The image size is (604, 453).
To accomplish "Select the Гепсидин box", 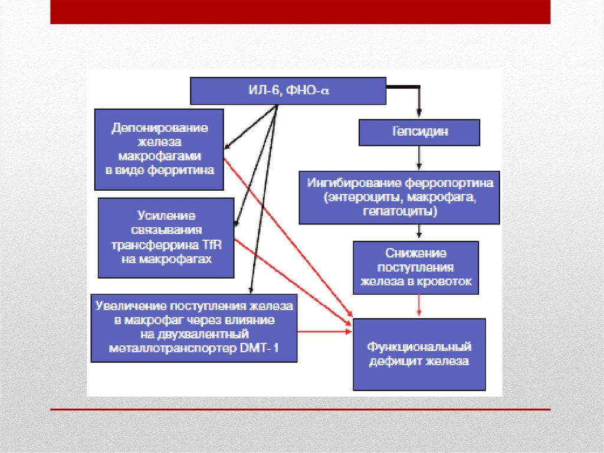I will click(x=419, y=132).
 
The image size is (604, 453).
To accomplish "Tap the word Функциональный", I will click(x=419, y=347).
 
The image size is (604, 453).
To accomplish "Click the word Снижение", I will click(x=416, y=253).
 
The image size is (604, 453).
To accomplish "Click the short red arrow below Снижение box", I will click(x=418, y=306).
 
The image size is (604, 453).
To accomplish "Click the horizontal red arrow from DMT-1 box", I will click(x=325, y=333).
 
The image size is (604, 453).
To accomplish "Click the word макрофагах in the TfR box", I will click(x=180, y=259).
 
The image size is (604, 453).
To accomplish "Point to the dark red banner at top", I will click(x=300, y=12).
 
